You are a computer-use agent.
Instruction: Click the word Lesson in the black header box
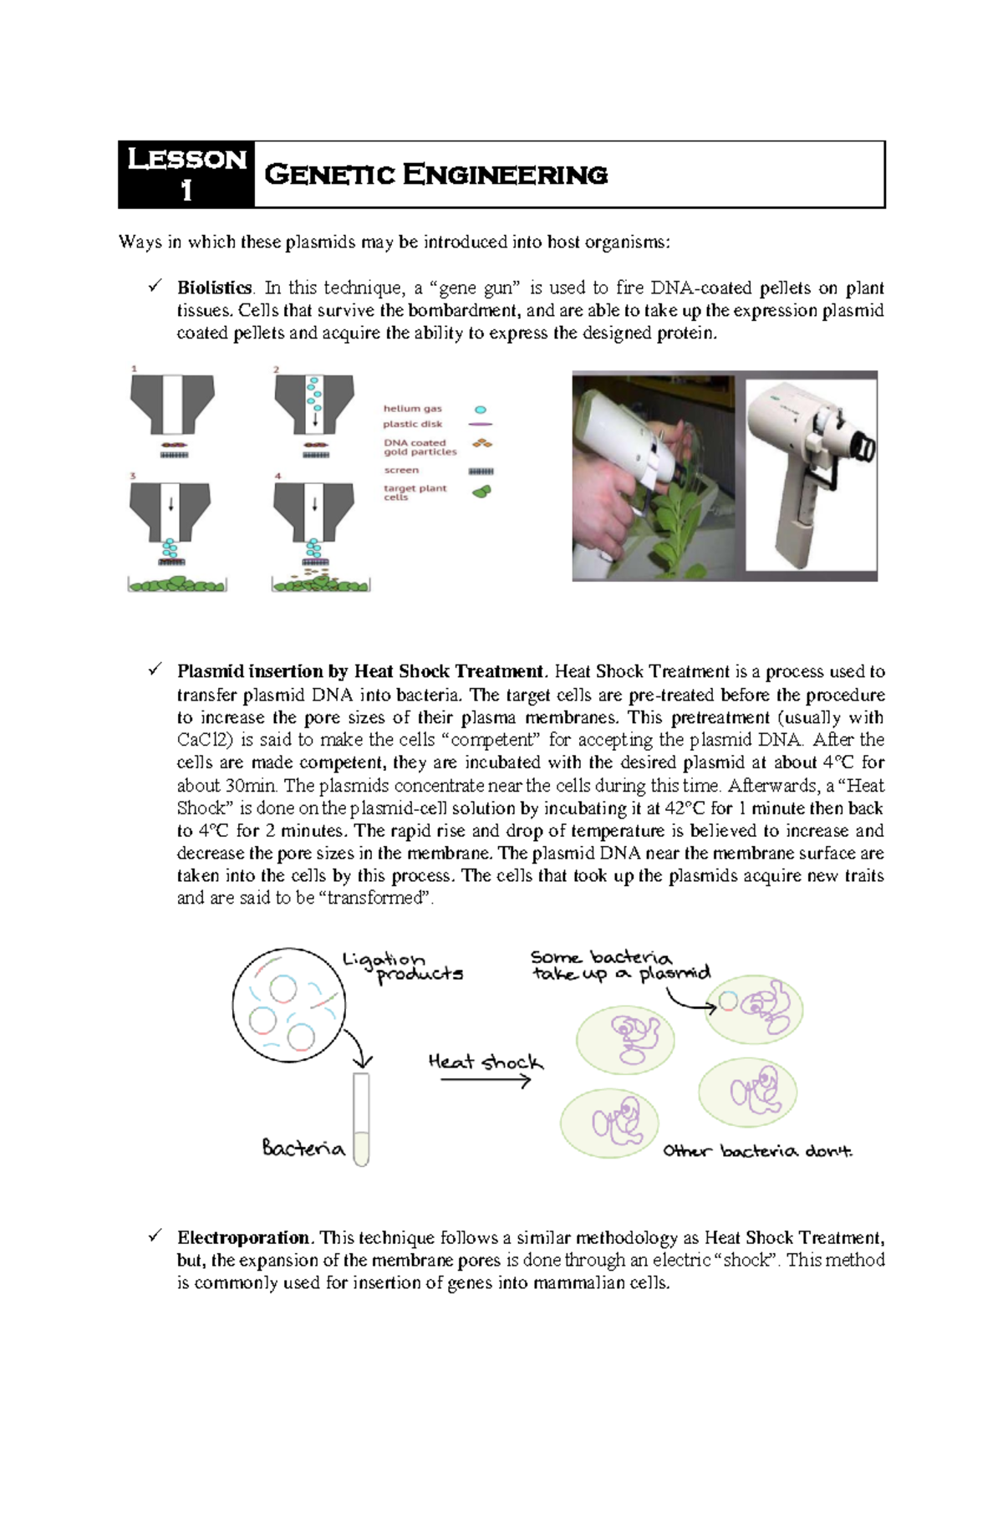click(x=186, y=159)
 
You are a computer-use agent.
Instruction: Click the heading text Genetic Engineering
click(x=435, y=175)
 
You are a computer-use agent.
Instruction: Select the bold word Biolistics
click(x=214, y=288)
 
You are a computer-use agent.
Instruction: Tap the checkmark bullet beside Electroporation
click(x=155, y=1235)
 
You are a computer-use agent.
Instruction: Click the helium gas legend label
click(x=412, y=409)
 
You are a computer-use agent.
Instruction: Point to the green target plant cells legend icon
click(x=481, y=492)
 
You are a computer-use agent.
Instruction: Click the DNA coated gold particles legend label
click(x=420, y=447)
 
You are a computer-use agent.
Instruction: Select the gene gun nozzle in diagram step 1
click(x=172, y=403)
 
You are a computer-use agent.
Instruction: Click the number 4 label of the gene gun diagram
click(x=278, y=476)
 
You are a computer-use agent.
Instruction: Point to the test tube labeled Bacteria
click(x=361, y=1119)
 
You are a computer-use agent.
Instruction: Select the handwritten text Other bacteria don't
click(x=757, y=1151)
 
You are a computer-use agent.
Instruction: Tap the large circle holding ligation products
click(x=288, y=1005)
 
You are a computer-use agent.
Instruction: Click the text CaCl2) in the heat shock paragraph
click(x=201, y=740)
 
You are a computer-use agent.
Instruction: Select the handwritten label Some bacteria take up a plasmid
click(x=619, y=966)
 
